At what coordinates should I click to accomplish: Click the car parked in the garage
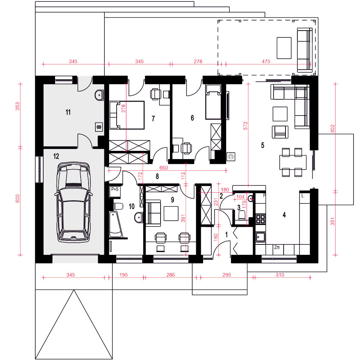click(x=73, y=202)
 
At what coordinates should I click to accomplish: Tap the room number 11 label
click(x=68, y=112)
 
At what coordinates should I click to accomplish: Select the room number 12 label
click(x=56, y=156)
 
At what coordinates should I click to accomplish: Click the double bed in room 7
click(x=127, y=115)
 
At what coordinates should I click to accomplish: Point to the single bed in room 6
click(x=213, y=102)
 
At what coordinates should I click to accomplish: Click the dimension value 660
click(x=163, y=168)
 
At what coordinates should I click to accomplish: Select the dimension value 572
click(x=246, y=126)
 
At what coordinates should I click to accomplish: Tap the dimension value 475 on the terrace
click(x=266, y=61)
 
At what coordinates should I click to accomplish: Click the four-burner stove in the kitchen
click(x=260, y=219)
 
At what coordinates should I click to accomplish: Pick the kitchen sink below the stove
click(x=260, y=237)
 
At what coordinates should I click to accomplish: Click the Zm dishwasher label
click(x=277, y=247)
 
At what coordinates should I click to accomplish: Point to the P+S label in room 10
click(x=115, y=189)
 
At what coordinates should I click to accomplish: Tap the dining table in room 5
click(x=293, y=162)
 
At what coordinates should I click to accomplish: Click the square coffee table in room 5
click(x=280, y=114)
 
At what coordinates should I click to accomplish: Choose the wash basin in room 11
click(x=99, y=95)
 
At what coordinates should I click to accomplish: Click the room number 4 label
click(x=284, y=215)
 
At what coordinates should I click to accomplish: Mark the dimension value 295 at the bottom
click(x=226, y=275)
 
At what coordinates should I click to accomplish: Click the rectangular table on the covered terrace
click(x=284, y=48)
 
